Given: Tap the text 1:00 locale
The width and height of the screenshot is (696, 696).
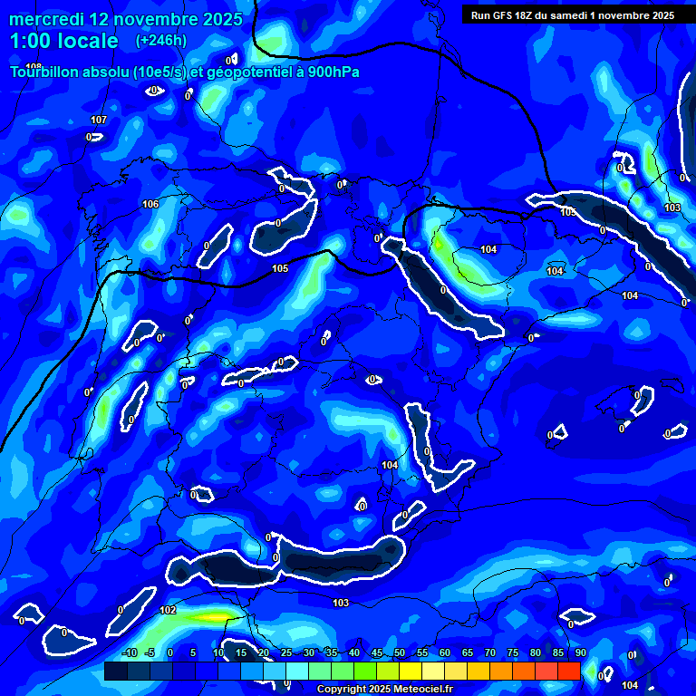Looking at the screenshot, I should click(64, 41).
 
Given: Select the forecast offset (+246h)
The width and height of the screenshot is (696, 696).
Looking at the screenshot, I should click(160, 41).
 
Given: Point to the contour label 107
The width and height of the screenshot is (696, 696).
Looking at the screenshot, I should click(99, 121).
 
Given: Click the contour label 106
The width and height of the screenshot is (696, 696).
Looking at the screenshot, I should click(150, 204).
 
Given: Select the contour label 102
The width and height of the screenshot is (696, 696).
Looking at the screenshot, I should click(168, 611).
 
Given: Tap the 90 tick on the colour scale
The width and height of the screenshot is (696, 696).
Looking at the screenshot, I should click(580, 653).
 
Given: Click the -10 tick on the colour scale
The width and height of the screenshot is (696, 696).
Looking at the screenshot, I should click(129, 653).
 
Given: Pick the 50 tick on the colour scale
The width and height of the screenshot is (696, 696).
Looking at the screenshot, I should click(399, 653).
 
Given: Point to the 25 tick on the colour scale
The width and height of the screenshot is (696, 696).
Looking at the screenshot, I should click(285, 653).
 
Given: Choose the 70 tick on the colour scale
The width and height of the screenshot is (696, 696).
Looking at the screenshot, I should click(489, 653).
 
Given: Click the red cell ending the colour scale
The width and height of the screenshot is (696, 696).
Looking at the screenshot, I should click(568, 671).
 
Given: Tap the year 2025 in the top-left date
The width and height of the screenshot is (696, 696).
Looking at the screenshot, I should click(216, 19).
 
